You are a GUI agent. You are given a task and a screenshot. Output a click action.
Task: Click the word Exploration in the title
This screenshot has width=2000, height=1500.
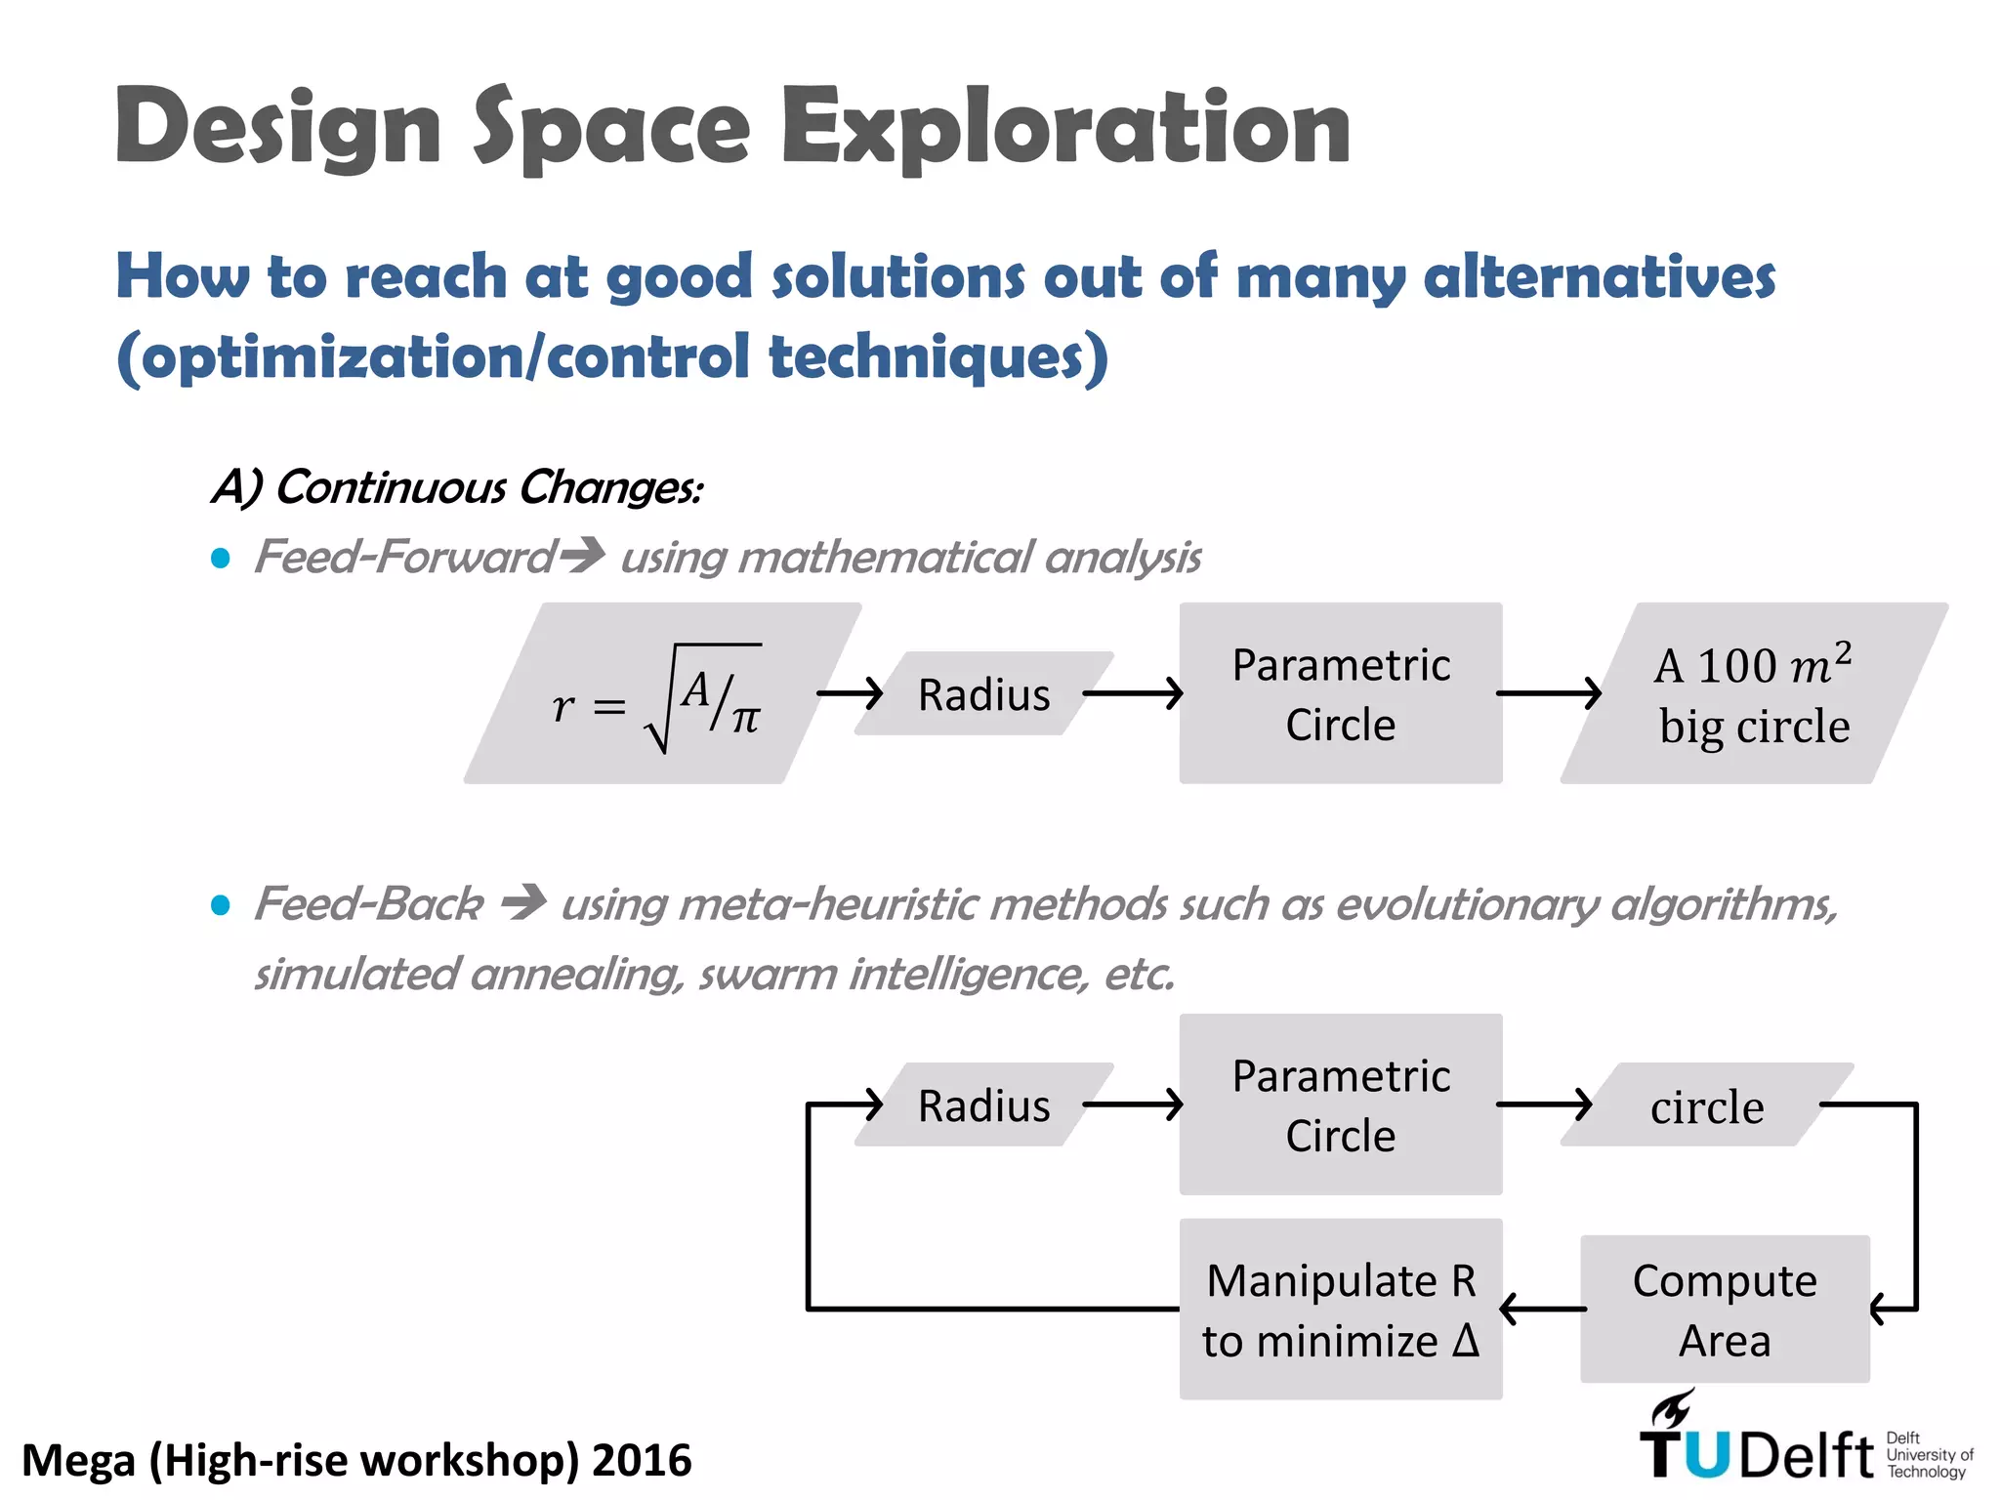click(1066, 127)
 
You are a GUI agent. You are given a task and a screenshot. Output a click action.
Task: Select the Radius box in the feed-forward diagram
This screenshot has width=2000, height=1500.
click(983, 694)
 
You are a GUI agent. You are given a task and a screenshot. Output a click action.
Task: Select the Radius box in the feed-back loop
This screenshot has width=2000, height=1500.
click(983, 1105)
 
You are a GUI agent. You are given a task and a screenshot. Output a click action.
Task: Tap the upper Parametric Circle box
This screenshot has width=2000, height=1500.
click(1340, 693)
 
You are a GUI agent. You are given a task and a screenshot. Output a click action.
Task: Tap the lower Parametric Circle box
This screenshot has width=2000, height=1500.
click(1340, 1104)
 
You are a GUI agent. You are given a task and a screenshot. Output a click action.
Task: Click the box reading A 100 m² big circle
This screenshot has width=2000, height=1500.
click(1753, 693)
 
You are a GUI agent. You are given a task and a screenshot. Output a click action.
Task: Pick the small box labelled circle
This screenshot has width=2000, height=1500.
click(1707, 1105)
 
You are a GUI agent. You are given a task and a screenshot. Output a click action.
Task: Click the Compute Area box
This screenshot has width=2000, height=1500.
click(1725, 1309)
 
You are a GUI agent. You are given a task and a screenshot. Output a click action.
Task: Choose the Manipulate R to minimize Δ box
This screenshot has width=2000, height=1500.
click(1340, 1309)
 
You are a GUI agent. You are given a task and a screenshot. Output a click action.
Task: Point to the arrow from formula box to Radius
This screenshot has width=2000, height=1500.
click(849, 694)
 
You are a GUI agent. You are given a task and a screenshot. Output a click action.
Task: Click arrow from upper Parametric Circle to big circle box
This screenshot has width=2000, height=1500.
click(1548, 693)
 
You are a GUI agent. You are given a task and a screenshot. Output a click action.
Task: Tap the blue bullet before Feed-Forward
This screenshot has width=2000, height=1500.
click(221, 559)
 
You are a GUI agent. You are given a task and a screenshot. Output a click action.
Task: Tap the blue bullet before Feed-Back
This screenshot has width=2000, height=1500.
click(221, 905)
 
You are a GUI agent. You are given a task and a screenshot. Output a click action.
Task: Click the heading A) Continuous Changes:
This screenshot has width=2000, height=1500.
click(457, 486)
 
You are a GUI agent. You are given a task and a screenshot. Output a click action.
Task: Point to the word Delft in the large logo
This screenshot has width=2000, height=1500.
click(1807, 1456)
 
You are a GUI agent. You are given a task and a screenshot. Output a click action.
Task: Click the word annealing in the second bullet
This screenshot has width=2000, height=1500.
click(576, 974)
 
